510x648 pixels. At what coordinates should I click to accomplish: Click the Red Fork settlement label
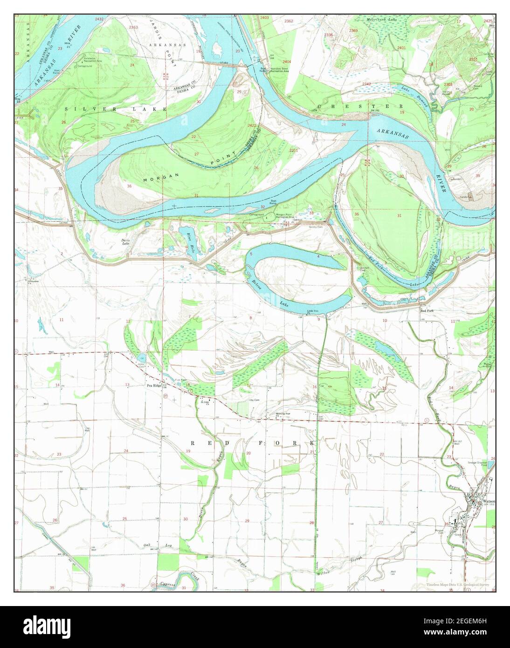click(x=427, y=310)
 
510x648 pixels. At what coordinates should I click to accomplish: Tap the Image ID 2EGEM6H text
click(x=466, y=623)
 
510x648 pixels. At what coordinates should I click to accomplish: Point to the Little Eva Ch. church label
click(x=312, y=311)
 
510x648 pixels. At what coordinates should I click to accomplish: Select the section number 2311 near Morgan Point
click(x=293, y=150)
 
